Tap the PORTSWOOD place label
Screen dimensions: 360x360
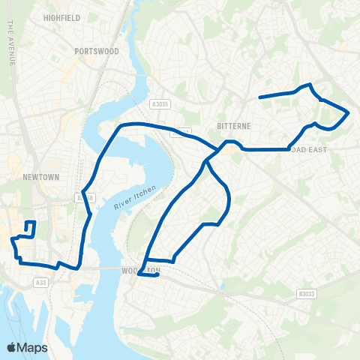pos(97,51)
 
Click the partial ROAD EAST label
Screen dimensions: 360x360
pos(341,148)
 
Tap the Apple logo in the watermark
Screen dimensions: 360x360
pos(12,347)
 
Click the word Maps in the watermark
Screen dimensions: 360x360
pos(33,347)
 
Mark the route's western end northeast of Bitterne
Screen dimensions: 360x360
pos(260,97)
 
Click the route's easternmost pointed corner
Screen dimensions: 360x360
pos(349,112)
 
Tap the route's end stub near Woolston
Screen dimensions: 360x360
pos(157,275)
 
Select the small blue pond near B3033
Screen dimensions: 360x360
pos(223,286)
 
